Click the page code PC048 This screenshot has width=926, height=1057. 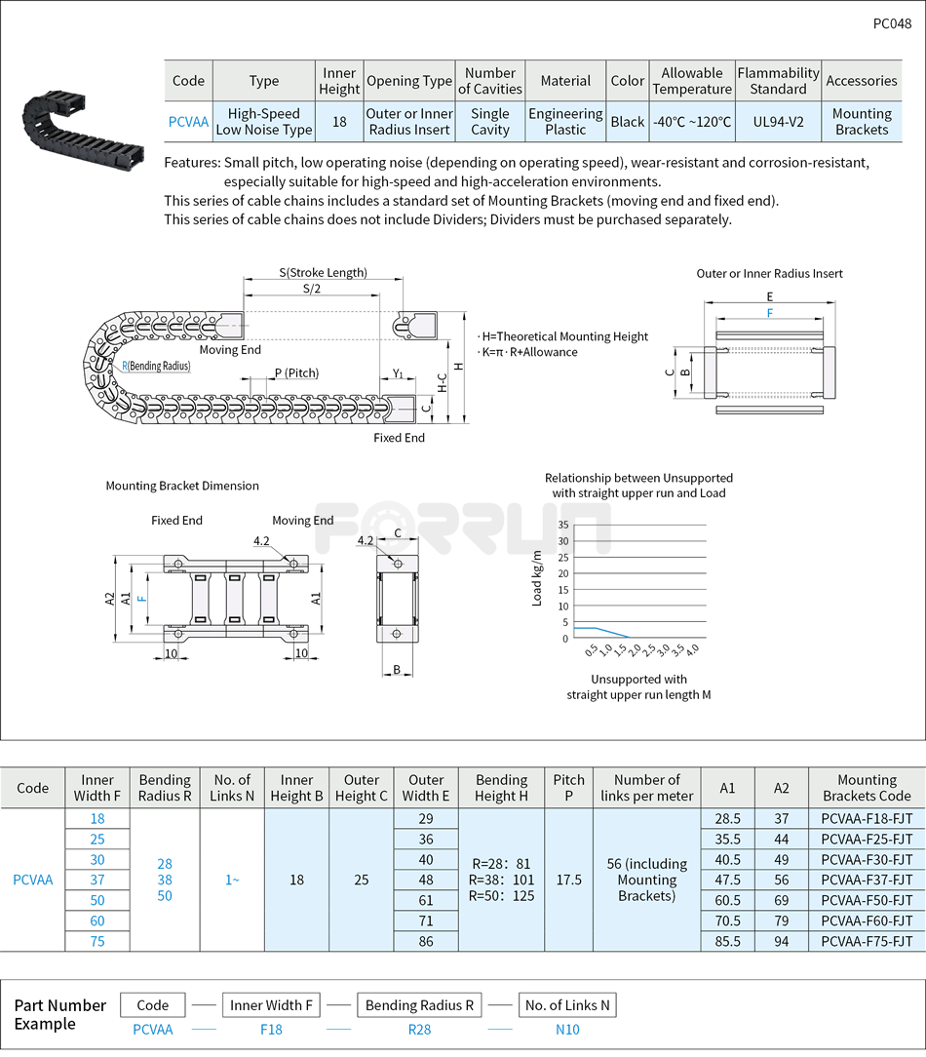coord(892,23)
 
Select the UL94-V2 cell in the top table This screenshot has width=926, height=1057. coord(778,122)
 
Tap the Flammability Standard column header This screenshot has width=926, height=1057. coord(778,81)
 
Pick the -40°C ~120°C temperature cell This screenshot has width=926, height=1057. coord(692,122)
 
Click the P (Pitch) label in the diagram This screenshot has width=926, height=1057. coord(296,373)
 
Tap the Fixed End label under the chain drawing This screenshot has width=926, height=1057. coord(399,438)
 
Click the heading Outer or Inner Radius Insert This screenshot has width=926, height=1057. coord(769,274)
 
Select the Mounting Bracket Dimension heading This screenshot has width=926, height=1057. coord(182,486)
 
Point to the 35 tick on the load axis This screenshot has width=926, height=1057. coord(562,525)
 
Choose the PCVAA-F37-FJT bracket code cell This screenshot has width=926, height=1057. coord(867,880)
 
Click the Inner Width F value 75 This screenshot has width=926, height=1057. coord(96,941)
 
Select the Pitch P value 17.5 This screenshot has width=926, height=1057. coord(568,880)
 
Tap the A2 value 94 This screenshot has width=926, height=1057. coord(782,941)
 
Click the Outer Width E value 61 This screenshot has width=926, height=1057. coord(426,900)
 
